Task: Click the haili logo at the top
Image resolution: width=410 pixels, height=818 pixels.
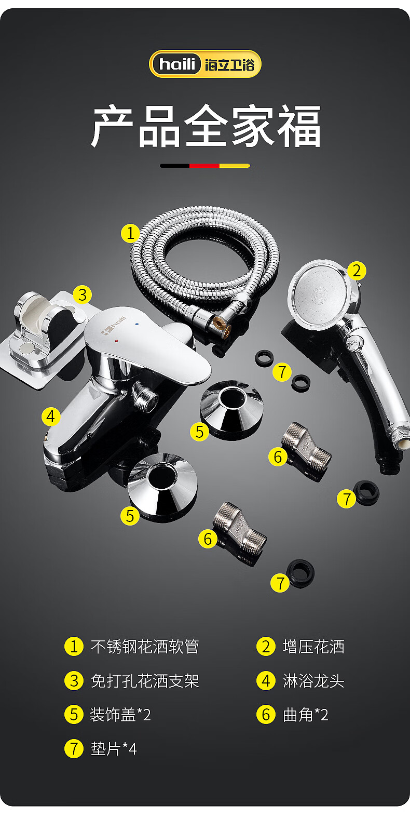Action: point(205,64)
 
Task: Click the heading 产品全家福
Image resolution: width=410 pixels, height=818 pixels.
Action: point(206,126)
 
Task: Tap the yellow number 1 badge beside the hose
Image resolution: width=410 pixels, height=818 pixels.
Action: point(130,233)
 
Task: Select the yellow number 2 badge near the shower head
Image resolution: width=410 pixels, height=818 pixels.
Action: point(357,271)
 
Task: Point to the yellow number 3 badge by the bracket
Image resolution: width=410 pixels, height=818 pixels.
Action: point(82,294)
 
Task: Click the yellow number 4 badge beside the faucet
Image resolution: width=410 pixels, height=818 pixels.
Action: point(51,417)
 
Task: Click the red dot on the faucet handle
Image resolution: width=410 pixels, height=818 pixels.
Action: point(117,341)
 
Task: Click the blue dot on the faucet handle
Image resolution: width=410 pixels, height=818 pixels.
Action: point(137,324)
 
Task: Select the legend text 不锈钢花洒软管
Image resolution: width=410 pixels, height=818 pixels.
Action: point(145,647)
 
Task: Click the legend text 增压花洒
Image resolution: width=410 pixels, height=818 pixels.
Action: point(313,647)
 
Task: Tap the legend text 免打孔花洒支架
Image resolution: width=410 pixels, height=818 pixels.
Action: point(145,681)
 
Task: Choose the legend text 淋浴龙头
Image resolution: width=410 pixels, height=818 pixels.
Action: point(313,681)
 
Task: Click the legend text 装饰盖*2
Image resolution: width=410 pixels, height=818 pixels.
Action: point(120,715)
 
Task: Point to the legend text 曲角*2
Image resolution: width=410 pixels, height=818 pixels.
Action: point(306,715)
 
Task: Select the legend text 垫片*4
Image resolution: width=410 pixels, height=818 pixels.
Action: point(114,749)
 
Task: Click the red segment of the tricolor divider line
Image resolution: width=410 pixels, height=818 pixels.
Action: point(204,166)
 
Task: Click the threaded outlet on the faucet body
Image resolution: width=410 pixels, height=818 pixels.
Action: point(145,395)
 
